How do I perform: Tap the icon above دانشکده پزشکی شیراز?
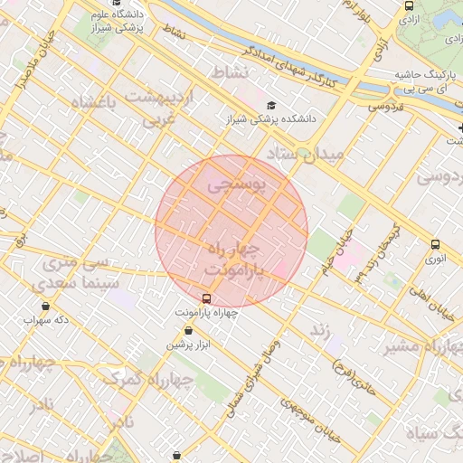click(x=272, y=106)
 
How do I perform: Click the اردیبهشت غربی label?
click(x=161, y=106)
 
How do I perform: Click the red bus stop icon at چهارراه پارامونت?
click(x=207, y=298)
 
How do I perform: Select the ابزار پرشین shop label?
click(x=186, y=345)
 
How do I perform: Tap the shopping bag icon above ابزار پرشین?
click(x=187, y=332)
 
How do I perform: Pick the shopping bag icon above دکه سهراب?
click(x=45, y=306)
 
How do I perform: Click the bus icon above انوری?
click(x=436, y=244)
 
